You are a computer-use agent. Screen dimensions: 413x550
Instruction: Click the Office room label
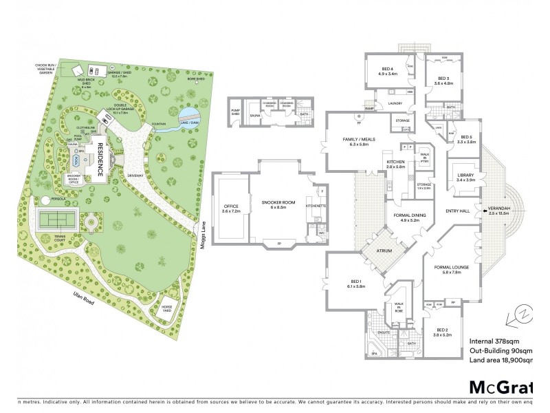(230, 208)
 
